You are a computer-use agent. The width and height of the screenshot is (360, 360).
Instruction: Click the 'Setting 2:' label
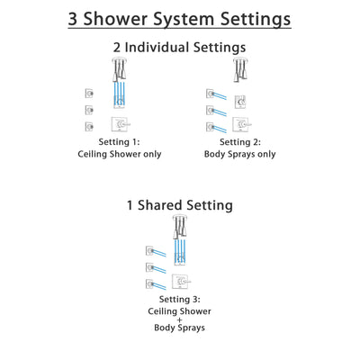point(238,142)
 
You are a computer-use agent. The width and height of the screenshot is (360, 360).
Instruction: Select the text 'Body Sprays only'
point(238,154)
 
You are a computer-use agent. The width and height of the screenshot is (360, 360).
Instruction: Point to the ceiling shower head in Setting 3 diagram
point(180,223)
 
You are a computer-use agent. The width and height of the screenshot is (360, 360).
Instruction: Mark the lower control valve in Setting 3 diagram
point(181,283)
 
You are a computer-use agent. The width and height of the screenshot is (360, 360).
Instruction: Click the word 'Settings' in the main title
point(236,19)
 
